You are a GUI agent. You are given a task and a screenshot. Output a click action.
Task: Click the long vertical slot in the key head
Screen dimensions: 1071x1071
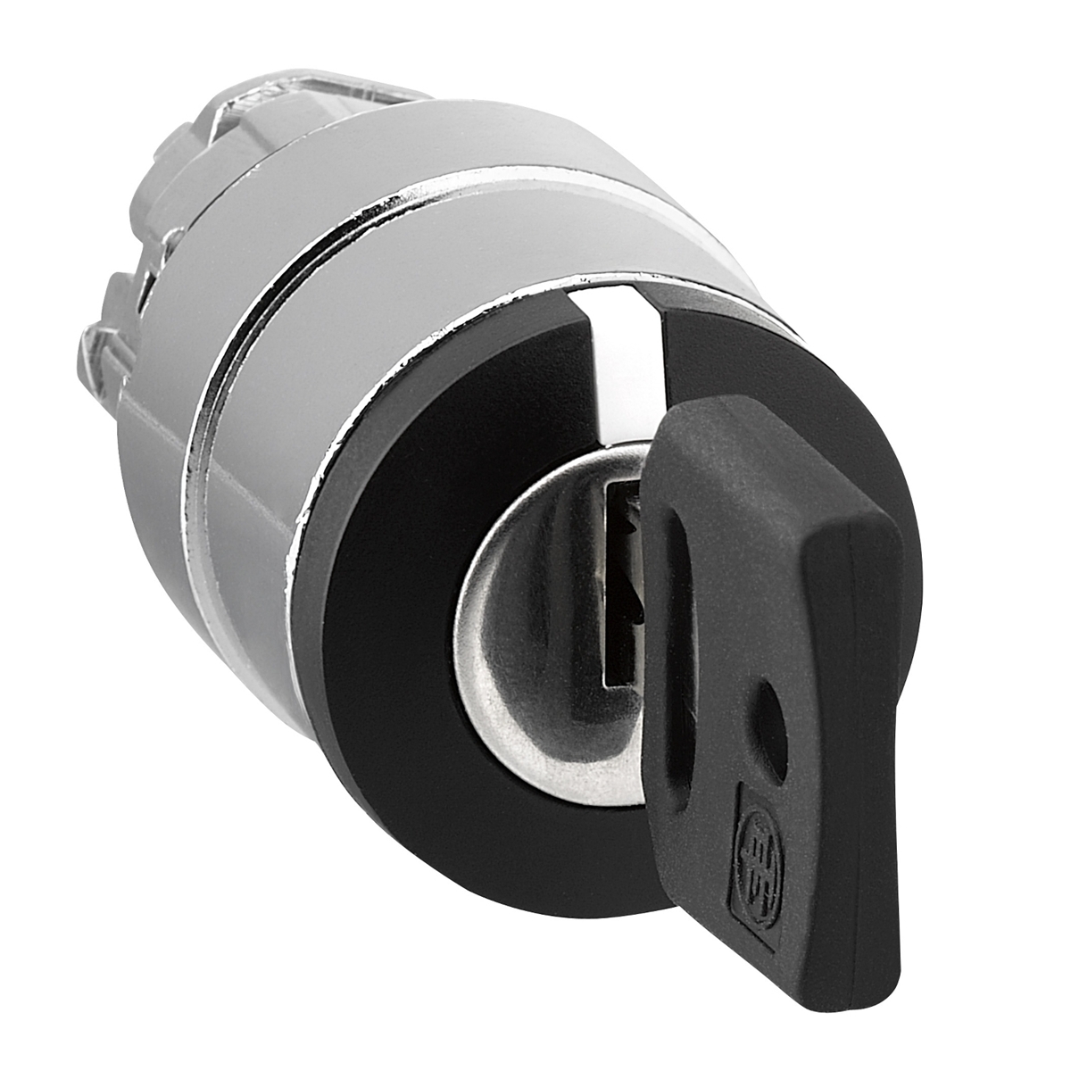coord(677,625)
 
